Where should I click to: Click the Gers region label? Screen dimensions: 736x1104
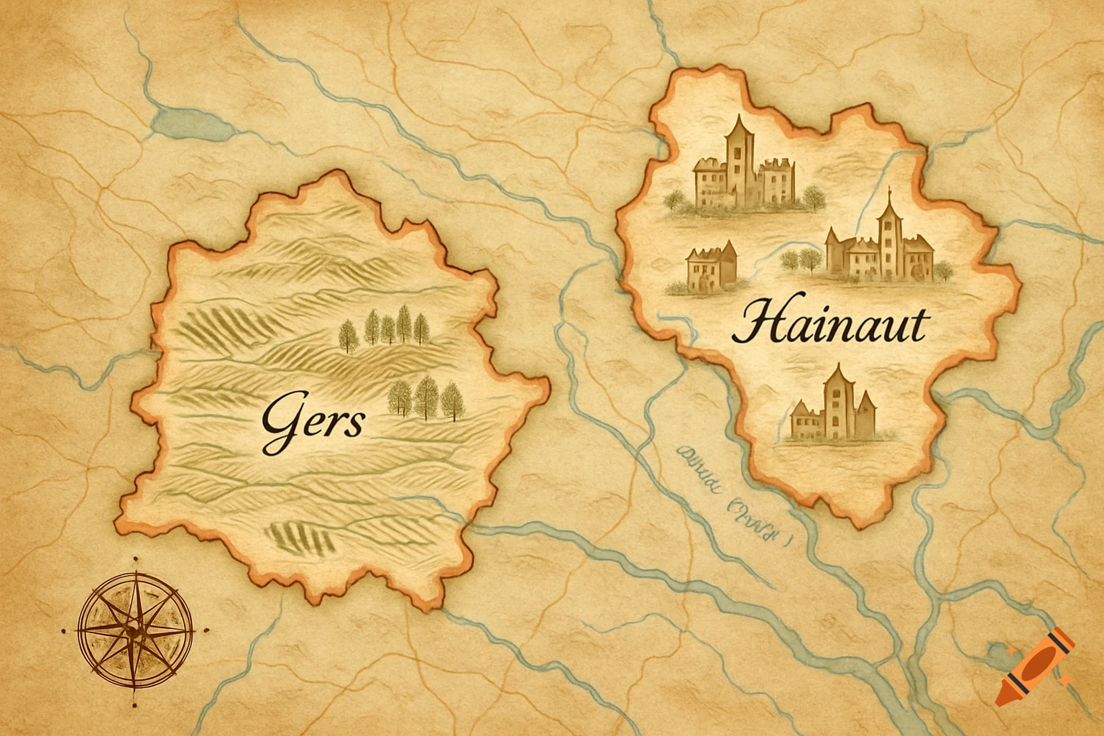pos(312,422)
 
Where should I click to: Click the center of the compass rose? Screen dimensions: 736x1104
pos(134,630)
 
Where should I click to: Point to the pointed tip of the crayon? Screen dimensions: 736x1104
pos(1002,696)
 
